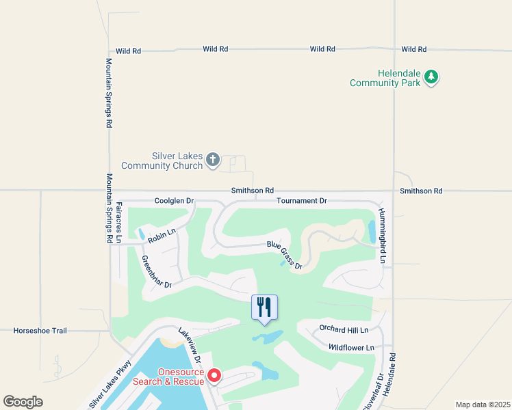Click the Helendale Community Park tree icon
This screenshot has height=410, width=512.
tap(431, 77)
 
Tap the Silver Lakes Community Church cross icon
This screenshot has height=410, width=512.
tap(213, 160)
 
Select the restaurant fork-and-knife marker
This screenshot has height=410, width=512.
tap(265, 307)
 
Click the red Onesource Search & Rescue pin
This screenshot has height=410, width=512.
tap(214, 376)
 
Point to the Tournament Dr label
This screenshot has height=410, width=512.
tap(302, 201)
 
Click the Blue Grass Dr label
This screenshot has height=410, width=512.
tap(284, 255)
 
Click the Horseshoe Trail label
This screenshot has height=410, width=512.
tap(40, 331)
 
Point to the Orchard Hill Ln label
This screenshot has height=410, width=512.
tap(344, 330)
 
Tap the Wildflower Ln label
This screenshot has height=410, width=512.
tap(351, 348)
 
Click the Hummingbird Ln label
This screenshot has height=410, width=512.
tap(383, 236)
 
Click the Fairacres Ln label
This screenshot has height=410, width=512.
tap(118, 222)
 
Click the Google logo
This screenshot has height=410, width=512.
tap(23, 402)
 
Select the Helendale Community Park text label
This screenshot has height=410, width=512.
tap(384, 78)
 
